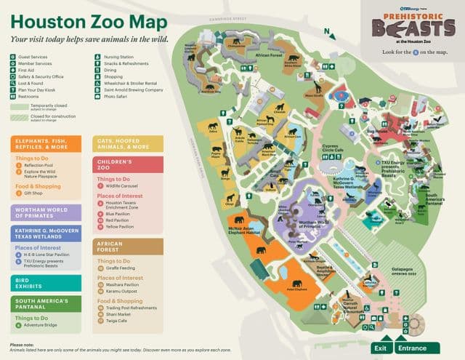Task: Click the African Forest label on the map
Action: pyautogui.click(x=269, y=55)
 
